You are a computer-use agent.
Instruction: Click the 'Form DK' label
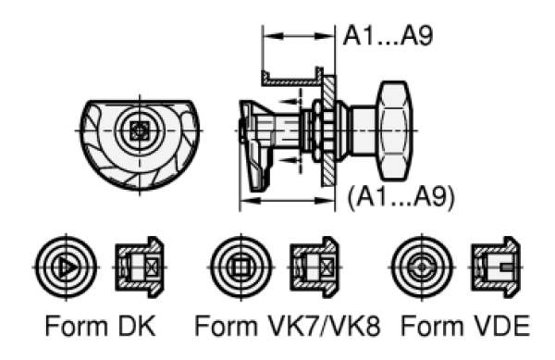(100, 326)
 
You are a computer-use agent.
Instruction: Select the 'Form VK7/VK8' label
(288, 326)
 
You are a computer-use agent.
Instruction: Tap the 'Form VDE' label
(465, 326)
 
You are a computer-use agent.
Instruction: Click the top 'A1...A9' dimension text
(388, 36)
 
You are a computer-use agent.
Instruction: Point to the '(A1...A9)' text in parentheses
(401, 197)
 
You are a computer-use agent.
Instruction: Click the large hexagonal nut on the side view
(395, 130)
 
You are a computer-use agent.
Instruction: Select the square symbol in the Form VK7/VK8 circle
(241, 267)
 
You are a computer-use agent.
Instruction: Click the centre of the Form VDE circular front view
(422, 267)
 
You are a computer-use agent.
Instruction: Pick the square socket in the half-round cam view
(139, 130)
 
